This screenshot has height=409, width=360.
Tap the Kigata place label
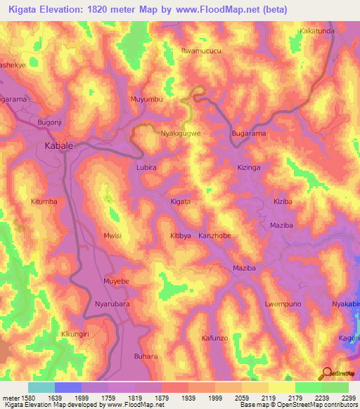181,202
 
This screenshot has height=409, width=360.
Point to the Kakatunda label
317,32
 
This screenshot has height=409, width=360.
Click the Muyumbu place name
147,100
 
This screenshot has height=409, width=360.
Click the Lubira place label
146,168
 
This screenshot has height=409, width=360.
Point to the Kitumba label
44,202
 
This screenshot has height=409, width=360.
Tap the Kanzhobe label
214,236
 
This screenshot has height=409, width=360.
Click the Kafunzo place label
215,338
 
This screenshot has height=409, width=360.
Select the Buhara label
146,356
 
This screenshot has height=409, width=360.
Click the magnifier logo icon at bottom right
325,373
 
